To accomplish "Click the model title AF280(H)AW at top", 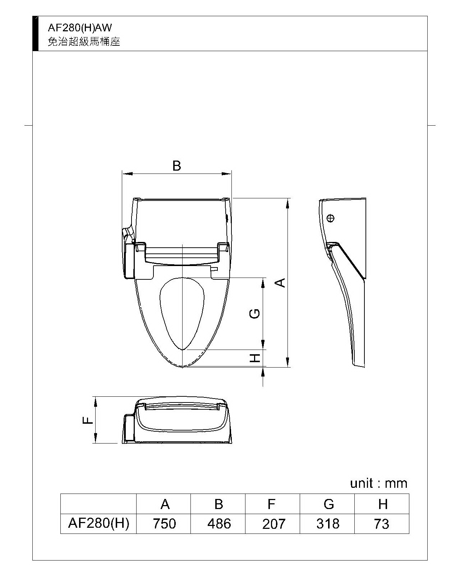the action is tap(80, 28).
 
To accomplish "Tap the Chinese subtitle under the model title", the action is tap(84, 41).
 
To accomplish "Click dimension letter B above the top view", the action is tap(177, 166).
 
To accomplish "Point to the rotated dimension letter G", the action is tap(254, 314).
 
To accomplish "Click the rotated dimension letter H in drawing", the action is tap(255, 357).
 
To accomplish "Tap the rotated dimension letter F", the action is tap(87, 421).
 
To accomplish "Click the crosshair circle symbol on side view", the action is tap(331, 219).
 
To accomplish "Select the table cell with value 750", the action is tap(164, 524).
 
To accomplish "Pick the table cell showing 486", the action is tap(218, 524).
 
